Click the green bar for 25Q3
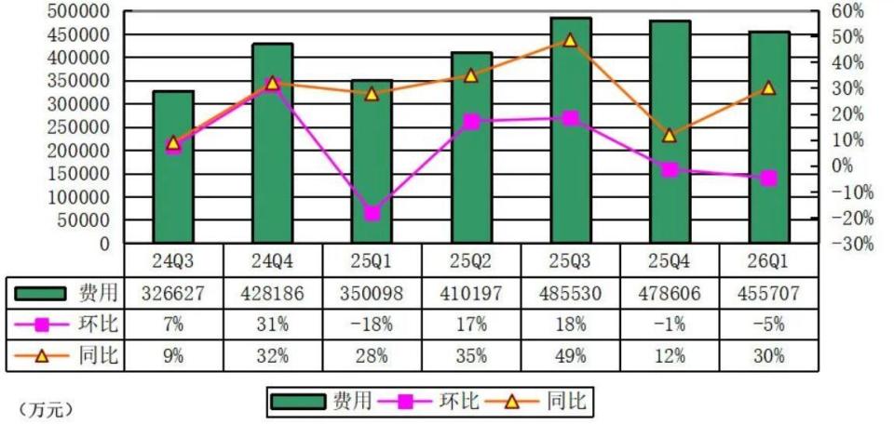pos(571,130)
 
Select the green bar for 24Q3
pos(173,166)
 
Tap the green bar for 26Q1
pos(769,138)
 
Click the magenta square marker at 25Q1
pos(372,214)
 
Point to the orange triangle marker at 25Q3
pos(571,39)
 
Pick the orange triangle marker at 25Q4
pos(670,135)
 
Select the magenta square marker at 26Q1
pos(769,179)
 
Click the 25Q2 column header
pos(471,261)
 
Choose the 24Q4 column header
pos(273,261)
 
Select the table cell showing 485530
pos(571,293)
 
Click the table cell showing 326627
pos(173,293)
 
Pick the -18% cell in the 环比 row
pos(372,325)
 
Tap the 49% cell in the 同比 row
pos(571,356)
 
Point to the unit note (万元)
pos(47,409)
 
